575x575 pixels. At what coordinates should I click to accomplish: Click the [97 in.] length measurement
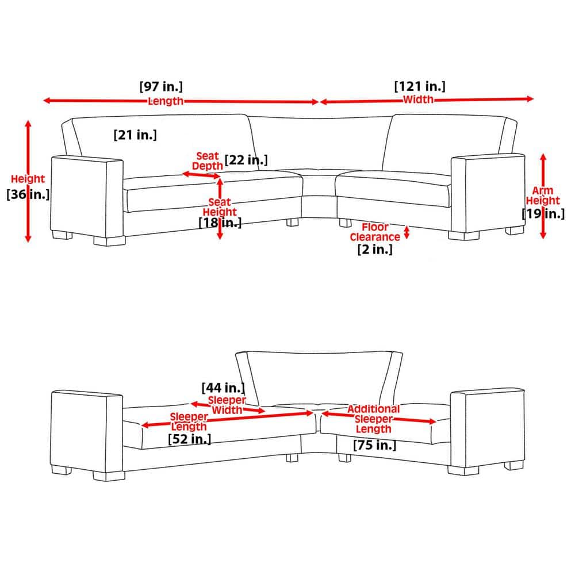pyautogui.click(x=161, y=87)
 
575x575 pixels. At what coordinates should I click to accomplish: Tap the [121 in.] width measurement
pyautogui.click(x=420, y=87)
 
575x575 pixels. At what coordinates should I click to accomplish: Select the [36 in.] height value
pyautogui.click(x=28, y=194)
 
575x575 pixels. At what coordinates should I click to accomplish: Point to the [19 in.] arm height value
pyautogui.click(x=543, y=213)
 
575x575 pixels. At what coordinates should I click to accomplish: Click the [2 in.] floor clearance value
pyautogui.click(x=375, y=250)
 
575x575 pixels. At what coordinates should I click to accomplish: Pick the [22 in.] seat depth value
pyautogui.click(x=246, y=160)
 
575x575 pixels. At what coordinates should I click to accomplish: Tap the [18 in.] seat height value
pyautogui.click(x=220, y=223)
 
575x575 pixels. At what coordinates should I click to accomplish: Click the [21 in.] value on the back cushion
pyautogui.click(x=135, y=135)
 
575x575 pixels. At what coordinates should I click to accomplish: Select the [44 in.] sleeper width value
pyautogui.click(x=223, y=388)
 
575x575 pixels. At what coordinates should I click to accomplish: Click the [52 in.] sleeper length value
pyautogui.click(x=190, y=439)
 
